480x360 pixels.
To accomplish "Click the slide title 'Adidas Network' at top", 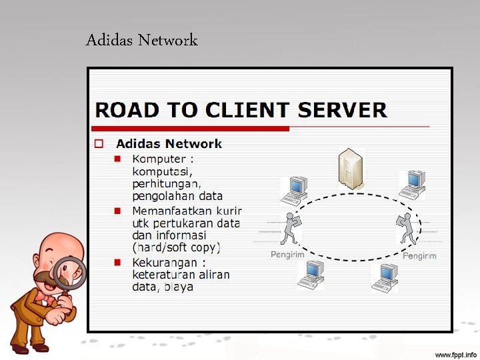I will (x=141, y=40).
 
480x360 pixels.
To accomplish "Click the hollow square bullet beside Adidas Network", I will (x=98, y=143).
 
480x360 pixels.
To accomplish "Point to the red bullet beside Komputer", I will (x=117, y=159).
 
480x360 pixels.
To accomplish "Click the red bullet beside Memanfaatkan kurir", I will (x=117, y=211).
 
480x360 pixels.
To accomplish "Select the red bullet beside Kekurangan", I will (x=117, y=262).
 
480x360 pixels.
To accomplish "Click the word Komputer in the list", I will (x=159, y=159).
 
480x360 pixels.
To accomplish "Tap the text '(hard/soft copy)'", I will (x=176, y=247).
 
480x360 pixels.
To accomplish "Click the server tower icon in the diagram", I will (x=349, y=169).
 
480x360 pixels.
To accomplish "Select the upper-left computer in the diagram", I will (x=294, y=191).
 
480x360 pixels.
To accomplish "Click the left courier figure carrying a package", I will (x=290, y=229).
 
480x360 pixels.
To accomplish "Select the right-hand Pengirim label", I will (x=419, y=256).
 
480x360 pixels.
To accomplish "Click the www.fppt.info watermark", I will (x=456, y=353).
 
